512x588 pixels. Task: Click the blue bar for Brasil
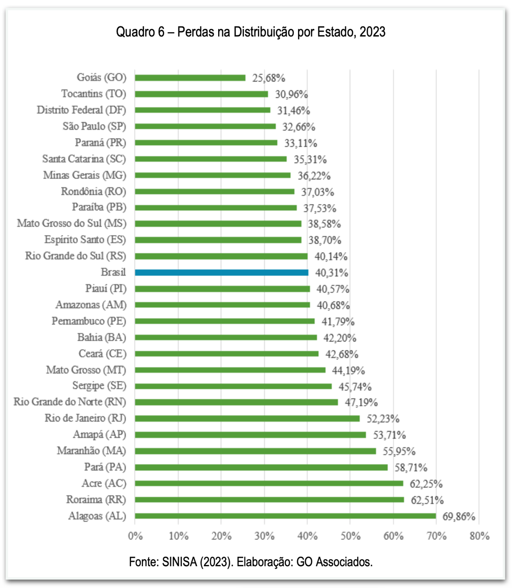tap(221, 272)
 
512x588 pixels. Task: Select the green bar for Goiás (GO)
tap(190, 78)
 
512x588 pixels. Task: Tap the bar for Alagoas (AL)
tap(285, 516)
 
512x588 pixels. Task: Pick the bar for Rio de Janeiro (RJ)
tap(247, 418)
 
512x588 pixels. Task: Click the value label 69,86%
tap(459, 516)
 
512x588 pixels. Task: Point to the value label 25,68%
tap(269, 78)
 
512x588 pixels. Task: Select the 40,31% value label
tap(332, 273)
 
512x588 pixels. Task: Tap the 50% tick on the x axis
tap(350, 536)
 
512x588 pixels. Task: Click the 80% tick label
tap(479, 536)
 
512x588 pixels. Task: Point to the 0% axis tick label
tap(135, 536)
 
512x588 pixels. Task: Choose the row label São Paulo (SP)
tap(94, 126)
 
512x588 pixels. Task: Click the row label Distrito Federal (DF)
tap(81, 110)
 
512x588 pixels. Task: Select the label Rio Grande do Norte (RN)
tap(70, 402)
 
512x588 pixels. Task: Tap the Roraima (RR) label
tap(96, 500)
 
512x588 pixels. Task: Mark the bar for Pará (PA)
tap(261, 467)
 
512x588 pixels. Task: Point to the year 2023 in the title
tap(372, 32)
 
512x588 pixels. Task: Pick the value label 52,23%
tap(383, 419)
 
